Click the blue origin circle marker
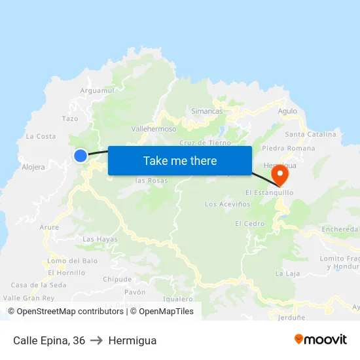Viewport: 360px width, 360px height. point(81,155)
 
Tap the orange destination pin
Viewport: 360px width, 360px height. point(280,173)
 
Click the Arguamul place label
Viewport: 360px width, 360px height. point(97,90)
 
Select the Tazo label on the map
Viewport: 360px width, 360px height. point(70,118)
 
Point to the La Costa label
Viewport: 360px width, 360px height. point(41,136)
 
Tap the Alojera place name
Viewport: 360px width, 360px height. point(33,167)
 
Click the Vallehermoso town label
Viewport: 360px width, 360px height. point(154,130)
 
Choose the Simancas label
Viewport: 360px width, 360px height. point(207,111)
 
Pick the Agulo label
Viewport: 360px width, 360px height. point(287,111)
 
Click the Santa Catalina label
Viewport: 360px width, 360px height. point(311,134)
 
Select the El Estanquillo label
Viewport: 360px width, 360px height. point(269,192)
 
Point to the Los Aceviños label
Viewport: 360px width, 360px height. point(228,204)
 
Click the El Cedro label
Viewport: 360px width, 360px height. point(249,223)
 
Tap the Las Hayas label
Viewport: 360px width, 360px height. point(100,240)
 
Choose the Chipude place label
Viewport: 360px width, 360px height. point(117,279)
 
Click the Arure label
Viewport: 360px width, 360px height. point(49,227)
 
